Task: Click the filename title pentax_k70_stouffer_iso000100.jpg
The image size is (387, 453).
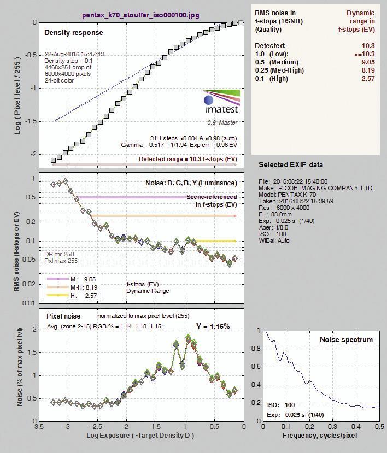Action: [x=141, y=15]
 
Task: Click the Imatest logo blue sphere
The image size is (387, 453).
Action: [x=208, y=100]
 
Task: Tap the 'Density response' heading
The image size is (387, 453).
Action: [x=74, y=32]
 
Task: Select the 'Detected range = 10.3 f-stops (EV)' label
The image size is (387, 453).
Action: [x=188, y=159]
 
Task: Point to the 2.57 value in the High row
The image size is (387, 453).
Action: [x=368, y=79]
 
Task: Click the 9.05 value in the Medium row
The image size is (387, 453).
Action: [x=368, y=62]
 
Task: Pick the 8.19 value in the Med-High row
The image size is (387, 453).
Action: [x=368, y=70]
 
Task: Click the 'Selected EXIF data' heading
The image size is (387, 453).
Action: [x=291, y=164]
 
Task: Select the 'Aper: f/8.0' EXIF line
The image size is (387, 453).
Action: [x=273, y=227]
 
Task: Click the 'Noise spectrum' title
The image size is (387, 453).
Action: [x=346, y=339]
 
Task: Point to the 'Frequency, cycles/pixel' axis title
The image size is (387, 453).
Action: [x=320, y=436]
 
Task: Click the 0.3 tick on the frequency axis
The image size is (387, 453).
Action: [x=333, y=427]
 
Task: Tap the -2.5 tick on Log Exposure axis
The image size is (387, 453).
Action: [x=97, y=427]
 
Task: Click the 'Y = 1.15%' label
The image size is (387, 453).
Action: [x=213, y=326]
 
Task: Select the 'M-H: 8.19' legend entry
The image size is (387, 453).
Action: [x=84, y=287]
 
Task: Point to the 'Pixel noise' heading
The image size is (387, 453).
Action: [x=63, y=316]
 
